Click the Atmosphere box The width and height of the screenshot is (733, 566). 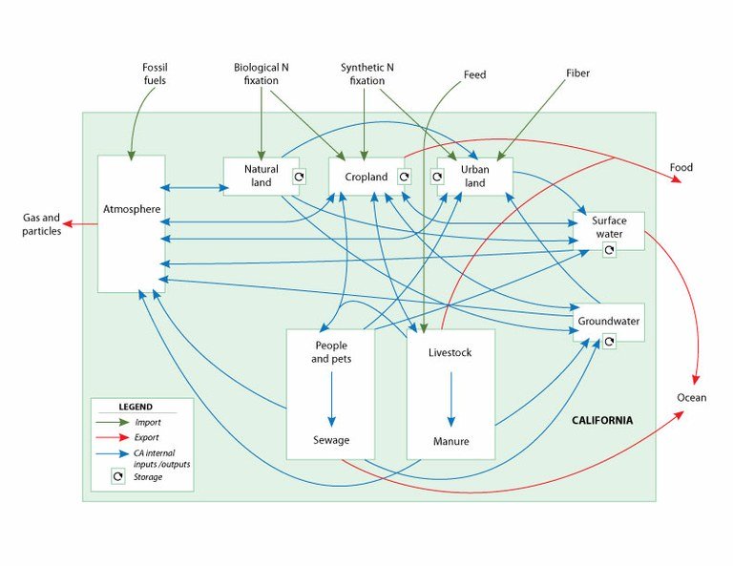point(131,207)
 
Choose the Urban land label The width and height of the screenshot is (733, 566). point(474,176)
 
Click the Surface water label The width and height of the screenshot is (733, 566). point(608,227)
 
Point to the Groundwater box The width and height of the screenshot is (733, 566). point(608,321)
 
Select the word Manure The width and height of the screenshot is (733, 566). point(451,441)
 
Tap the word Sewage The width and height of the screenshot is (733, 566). point(331,440)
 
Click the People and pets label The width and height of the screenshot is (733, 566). point(331,351)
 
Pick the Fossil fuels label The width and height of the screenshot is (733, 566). point(155,74)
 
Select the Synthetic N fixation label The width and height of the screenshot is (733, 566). point(366,74)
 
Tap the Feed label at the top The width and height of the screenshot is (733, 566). point(474,73)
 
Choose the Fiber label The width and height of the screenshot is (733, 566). point(577,73)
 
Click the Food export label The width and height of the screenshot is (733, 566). point(681,168)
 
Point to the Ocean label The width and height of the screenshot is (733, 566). point(692,397)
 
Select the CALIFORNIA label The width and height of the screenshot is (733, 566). point(601,420)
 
